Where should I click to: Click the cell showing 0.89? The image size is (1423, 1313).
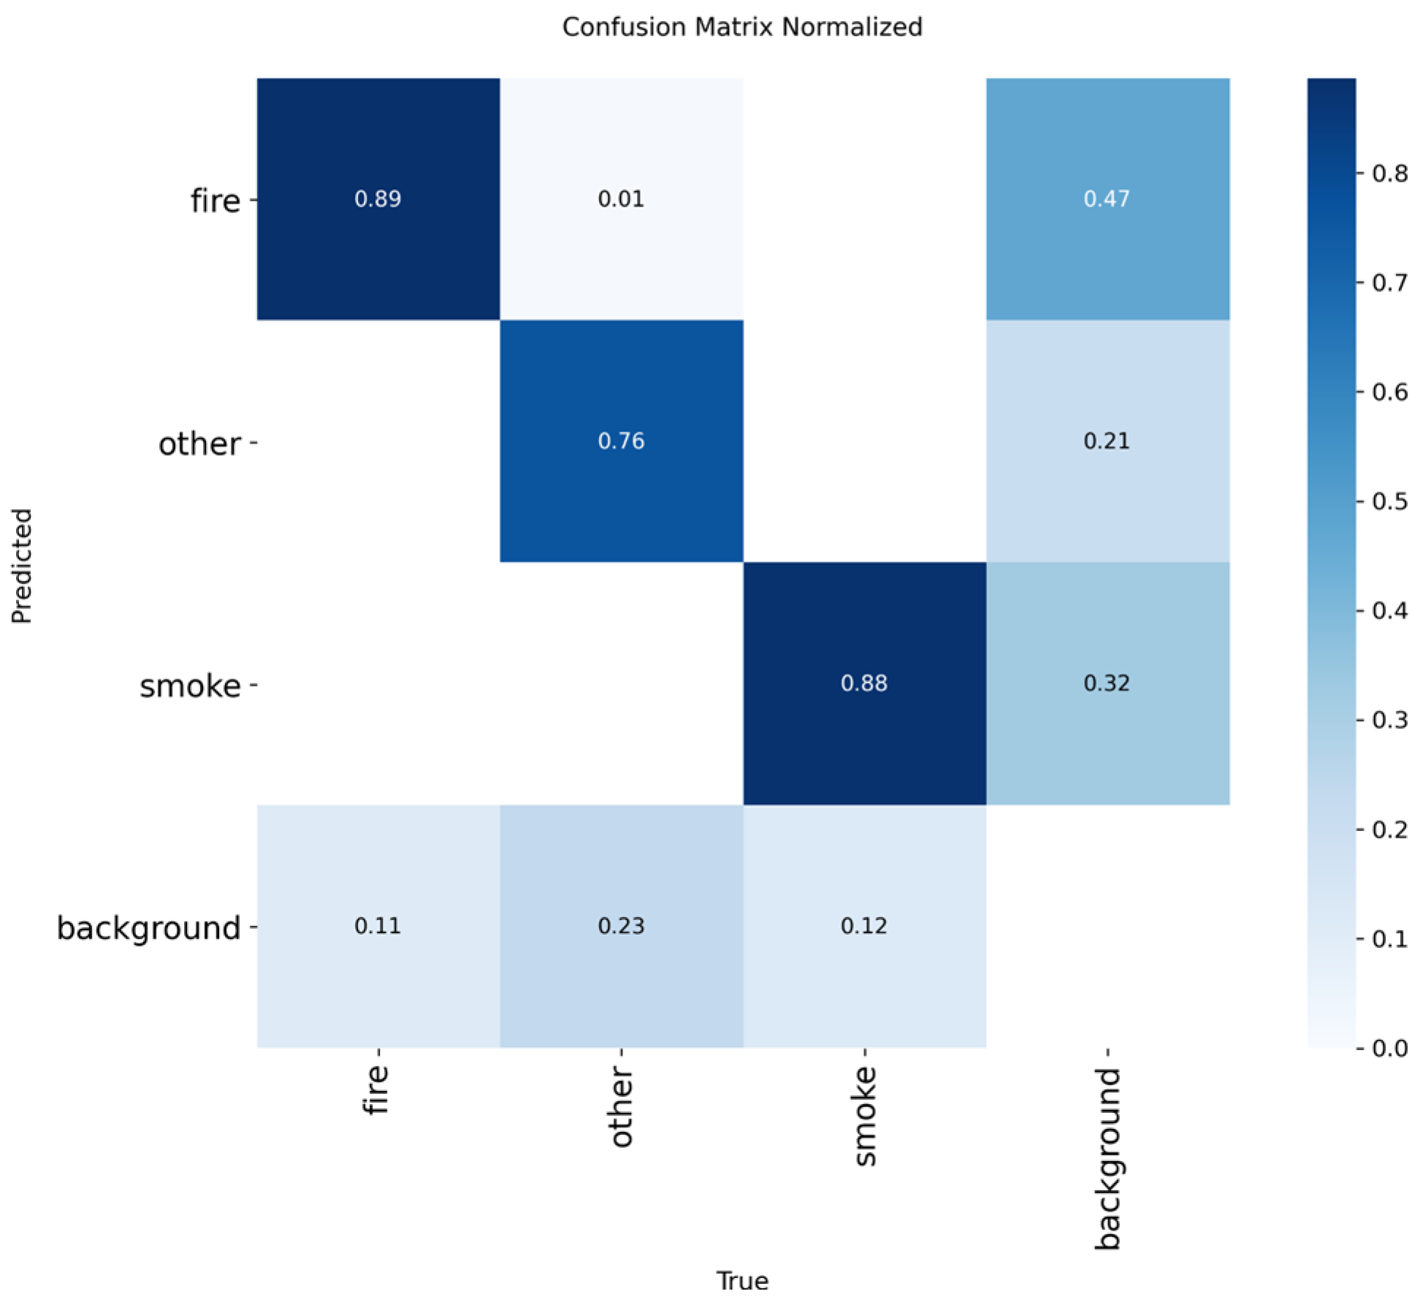[378, 199]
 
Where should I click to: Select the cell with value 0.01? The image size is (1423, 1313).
[621, 199]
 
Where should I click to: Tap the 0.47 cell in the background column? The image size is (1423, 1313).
[1107, 199]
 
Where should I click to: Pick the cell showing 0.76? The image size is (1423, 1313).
[621, 441]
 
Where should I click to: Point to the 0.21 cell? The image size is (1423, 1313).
[1107, 441]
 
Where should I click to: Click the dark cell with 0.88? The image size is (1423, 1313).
[864, 684]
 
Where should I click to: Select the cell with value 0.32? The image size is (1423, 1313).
[1107, 684]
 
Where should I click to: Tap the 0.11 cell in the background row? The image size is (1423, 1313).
[378, 926]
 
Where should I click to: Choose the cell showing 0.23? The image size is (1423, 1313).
[621, 926]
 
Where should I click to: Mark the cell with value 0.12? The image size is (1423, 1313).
[864, 926]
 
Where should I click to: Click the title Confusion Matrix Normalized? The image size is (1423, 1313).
[742, 27]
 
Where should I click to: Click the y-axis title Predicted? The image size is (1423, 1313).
[22, 565]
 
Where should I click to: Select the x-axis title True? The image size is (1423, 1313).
[742, 1281]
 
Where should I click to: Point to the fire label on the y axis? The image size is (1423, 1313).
[215, 200]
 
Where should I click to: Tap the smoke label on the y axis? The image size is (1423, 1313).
[190, 686]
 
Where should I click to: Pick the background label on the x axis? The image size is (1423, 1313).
[1107, 1158]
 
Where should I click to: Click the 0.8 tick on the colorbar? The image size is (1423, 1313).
[1389, 173]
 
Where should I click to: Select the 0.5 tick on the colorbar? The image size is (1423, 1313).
[1389, 501]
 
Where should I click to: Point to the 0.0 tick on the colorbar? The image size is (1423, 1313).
[1389, 1049]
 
